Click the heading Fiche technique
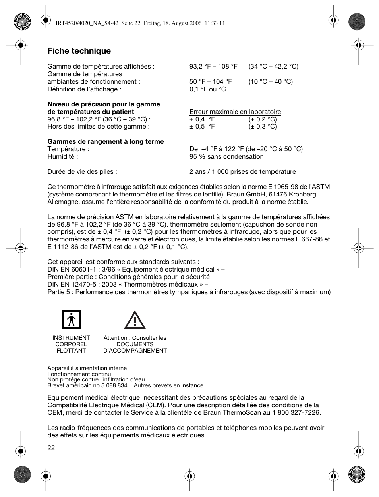point(79,51)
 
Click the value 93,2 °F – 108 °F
point(213,66)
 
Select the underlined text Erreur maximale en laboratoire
point(235,112)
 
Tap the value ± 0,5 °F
point(202,127)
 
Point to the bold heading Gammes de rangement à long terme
point(106,141)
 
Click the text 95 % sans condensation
point(226,156)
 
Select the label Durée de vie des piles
point(82,171)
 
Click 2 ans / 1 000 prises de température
point(242,171)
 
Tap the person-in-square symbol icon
point(71,319)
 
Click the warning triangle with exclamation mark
point(135,320)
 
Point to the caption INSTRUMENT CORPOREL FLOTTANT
point(71,344)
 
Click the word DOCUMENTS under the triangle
point(135,344)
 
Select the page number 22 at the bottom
point(51,448)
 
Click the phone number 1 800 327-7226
point(296,412)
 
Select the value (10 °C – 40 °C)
point(271,81)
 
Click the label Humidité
point(62,156)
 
